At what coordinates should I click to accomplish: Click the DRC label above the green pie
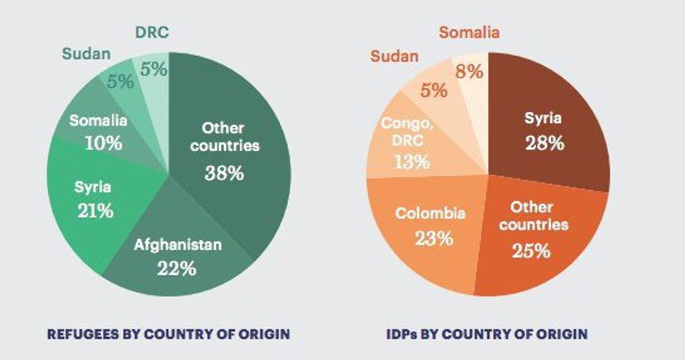pyautogui.click(x=152, y=32)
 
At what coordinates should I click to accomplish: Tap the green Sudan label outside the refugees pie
pyautogui.click(x=86, y=54)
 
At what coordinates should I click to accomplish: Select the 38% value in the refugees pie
pyautogui.click(x=224, y=173)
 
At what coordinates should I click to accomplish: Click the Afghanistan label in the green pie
pyautogui.click(x=178, y=245)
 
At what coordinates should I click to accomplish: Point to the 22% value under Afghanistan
pyautogui.click(x=177, y=268)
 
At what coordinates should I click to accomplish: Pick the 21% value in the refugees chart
pyautogui.click(x=96, y=211)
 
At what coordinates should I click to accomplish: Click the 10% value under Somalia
pyautogui.click(x=103, y=143)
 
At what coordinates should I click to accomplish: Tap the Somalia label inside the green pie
pyautogui.click(x=99, y=120)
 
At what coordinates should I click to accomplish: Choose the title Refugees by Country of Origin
pyautogui.click(x=168, y=334)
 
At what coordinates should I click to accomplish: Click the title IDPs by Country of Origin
pyautogui.click(x=487, y=334)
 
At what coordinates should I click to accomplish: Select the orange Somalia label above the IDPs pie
pyautogui.click(x=469, y=32)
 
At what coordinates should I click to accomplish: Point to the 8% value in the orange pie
pyautogui.click(x=469, y=71)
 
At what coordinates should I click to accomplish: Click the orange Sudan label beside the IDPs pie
pyautogui.click(x=394, y=57)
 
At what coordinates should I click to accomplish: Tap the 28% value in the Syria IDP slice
pyautogui.click(x=545, y=143)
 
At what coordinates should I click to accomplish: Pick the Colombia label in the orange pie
pyautogui.click(x=431, y=213)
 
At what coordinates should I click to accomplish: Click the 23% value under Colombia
pyautogui.click(x=434, y=238)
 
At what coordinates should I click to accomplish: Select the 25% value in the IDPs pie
pyautogui.click(x=531, y=251)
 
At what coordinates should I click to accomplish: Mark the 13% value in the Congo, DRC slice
pyautogui.click(x=412, y=162)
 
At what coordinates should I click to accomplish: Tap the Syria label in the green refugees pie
pyautogui.click(x=92, y=188)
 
